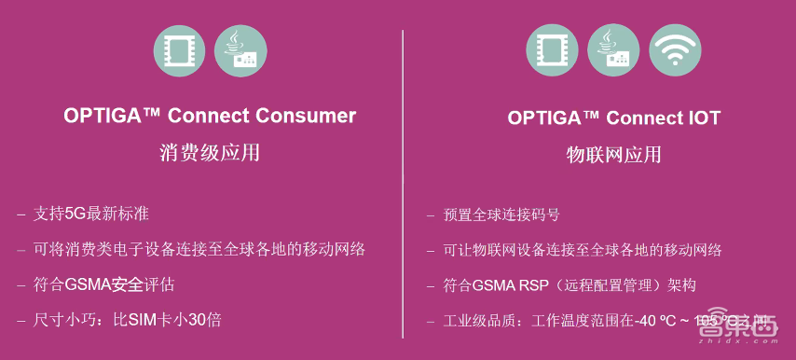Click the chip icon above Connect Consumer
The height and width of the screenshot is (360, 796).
point(179,51)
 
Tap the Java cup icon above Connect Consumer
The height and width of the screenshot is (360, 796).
point(240,51)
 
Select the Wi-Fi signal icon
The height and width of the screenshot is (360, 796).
point(676,51)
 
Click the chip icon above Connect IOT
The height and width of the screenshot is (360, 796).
point(552,51)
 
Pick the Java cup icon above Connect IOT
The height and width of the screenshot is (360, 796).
point(613,51)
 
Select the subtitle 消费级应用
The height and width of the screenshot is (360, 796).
point(210,152)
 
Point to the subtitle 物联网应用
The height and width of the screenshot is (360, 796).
point(614,154)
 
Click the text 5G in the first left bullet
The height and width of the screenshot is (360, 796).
point(75,214)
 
